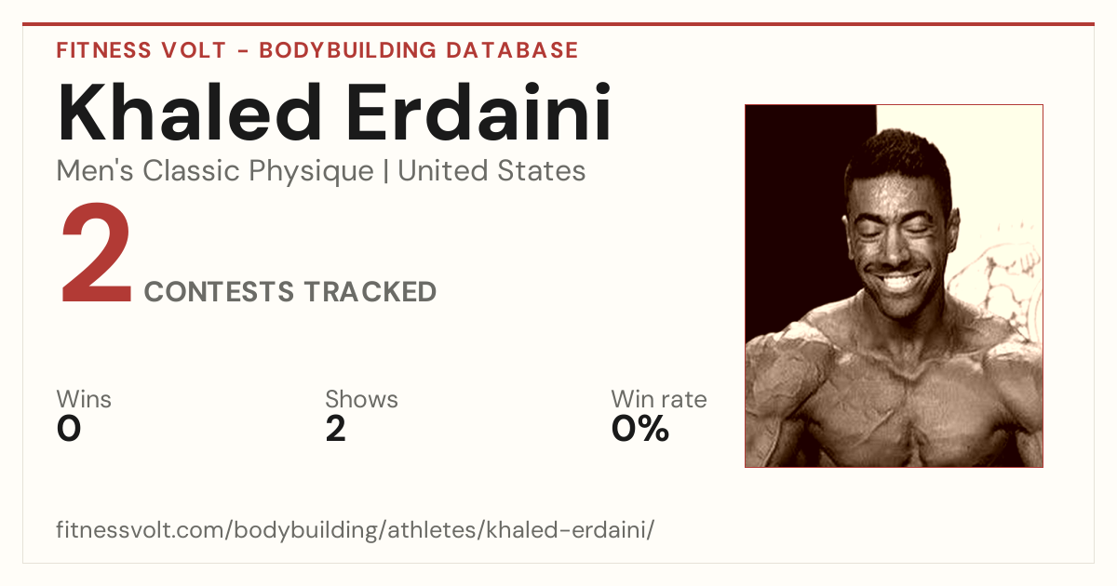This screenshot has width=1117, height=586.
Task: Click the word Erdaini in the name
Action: click(478, 113)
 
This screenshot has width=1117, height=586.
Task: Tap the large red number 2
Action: click(96, 252)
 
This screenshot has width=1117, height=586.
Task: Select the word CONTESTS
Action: click(219, 291)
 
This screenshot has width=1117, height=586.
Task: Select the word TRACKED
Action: click(370, 291)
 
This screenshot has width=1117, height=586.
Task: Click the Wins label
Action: click(84, 399)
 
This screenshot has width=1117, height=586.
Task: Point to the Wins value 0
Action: click(69, 429)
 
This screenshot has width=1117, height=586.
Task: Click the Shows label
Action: click(361, 399)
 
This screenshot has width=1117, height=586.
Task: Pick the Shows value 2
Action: click(336, 429)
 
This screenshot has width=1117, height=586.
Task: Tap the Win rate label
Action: click(659, 399)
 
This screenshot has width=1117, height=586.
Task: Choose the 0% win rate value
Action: click(640, 429)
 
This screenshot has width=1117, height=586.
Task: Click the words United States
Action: click(491, 171)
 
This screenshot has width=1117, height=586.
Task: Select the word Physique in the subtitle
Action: click(311, 172)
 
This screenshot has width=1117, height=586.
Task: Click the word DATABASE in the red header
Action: click(512, 50)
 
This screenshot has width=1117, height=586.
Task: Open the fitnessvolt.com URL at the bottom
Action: click(355, 529)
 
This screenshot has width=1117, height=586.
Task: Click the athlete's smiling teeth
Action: click(897, 283)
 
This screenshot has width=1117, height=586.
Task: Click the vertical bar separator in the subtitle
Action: click(385, 172)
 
